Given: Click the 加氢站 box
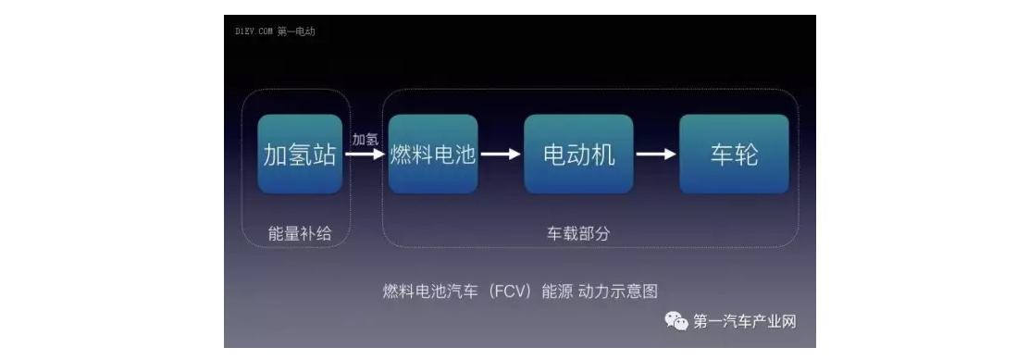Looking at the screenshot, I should tap(300, 155).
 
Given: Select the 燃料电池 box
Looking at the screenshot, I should tap(433, 155).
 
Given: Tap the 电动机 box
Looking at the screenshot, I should tap(578, 155).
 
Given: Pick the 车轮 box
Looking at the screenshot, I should tap(734, 155).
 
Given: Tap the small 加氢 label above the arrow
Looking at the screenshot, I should tap(365, 139).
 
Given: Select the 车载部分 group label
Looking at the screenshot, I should tap(578, 234).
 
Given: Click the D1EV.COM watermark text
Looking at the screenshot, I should tap(253, 31).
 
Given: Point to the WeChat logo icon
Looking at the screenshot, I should tap(676, 321).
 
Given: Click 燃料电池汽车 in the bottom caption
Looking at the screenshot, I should tap(428, 291).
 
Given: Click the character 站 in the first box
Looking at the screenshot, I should tap(324, 155).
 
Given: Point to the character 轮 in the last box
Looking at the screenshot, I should tap(747, 155).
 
